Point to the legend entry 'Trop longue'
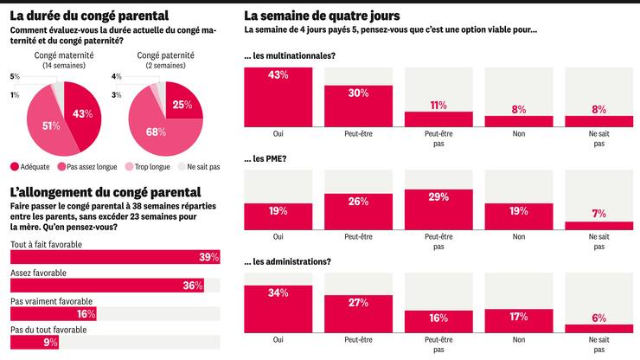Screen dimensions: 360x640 coord(145,166)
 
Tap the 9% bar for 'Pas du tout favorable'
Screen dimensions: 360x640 coord(35,342)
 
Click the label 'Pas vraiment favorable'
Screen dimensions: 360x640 coord(51,301)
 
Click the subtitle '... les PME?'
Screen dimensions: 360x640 coord(270,159)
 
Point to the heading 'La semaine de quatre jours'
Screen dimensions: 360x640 coord(334,16)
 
